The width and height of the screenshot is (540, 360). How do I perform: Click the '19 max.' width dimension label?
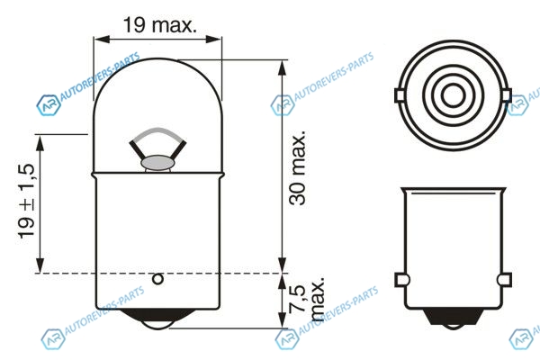coord(160,25)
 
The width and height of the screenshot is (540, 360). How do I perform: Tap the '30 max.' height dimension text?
coord(298,168)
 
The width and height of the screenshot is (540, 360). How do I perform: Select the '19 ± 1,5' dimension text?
coord(26,202)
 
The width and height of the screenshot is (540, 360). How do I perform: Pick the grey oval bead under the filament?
coord(157,163)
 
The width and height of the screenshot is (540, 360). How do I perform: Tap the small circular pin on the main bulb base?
coord(158,279)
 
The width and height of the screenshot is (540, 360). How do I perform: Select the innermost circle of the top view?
coord(454,95)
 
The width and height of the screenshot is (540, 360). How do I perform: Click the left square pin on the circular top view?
coord(400,95)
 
